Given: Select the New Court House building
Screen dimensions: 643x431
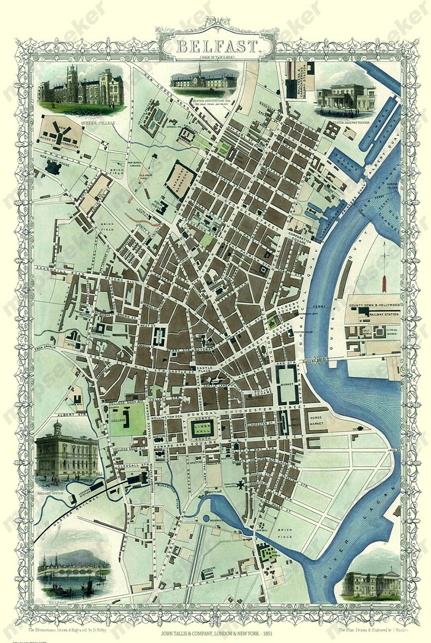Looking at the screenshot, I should (x=54, y=167).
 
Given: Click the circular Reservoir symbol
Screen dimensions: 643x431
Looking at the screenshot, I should (x=206, y=519).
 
